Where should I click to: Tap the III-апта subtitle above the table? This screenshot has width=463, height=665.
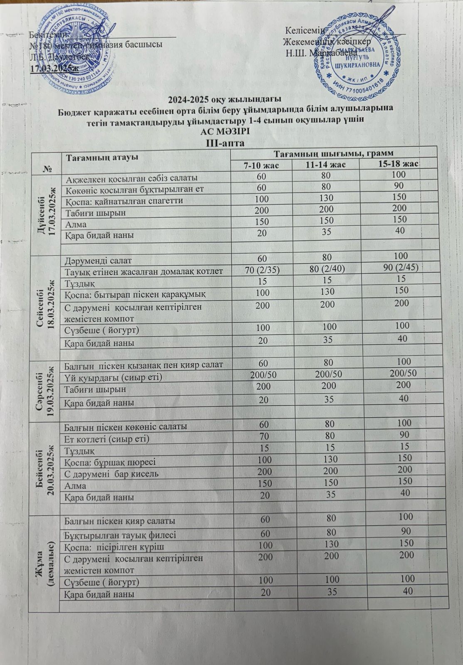(225, 143)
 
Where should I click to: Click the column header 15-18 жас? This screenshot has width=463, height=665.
(398, 164)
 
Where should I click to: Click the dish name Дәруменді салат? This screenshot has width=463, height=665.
(98, 261)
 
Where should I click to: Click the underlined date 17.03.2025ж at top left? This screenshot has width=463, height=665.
(54, 68)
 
